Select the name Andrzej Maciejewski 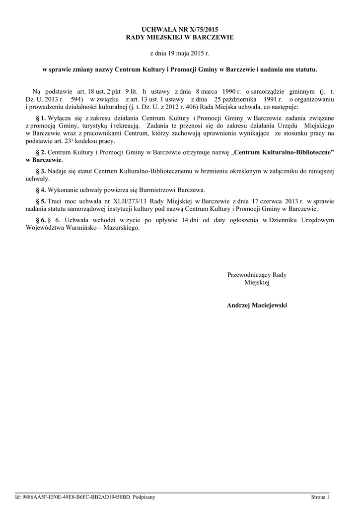pyautogui.click(x=257, y=305)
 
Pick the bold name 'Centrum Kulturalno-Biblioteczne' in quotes pyautogui.click(x=285, y=152)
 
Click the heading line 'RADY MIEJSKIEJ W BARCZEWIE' pyautogui.click(x=180, y=38)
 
